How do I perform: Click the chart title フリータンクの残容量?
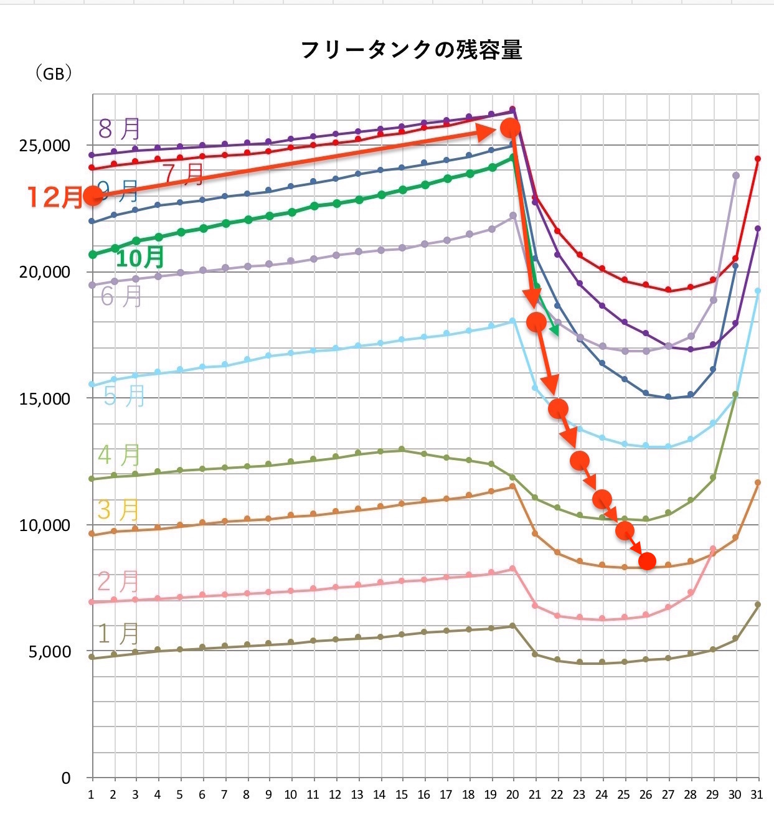411,50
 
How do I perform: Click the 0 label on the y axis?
65,778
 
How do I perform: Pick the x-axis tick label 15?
402,795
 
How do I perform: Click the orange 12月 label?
54,197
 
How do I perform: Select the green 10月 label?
140,257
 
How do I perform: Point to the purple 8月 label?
120,129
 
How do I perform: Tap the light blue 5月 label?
124,396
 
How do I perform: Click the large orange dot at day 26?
647,561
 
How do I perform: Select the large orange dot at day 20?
510,128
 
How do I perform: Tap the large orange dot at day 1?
93,196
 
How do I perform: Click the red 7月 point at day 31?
758,159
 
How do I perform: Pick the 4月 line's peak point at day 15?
402,449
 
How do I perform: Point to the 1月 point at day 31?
758,605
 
